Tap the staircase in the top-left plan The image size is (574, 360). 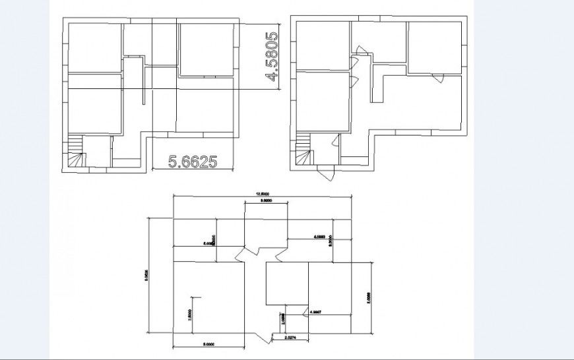pos(77,152)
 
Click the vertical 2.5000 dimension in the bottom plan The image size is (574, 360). pos(189,316)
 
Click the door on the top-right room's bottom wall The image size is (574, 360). pos(437,79)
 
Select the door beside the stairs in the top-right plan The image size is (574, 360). pos(334,142)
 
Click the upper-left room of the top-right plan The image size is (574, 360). pos(323,45)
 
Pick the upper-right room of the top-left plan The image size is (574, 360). pos(206,49)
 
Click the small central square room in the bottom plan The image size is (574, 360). pos(286,284)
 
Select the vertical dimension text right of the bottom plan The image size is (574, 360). pos(369,297)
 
